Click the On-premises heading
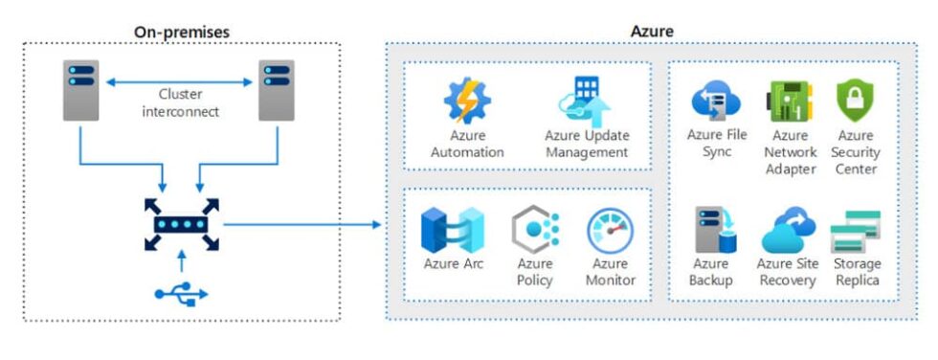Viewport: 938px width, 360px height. tap(181, 31)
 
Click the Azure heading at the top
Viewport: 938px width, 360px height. tap(651, 31)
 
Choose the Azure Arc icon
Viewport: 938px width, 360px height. tap(452, 230)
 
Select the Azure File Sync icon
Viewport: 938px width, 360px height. tap(716, 101)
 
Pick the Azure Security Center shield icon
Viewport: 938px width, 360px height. tap(855, 101)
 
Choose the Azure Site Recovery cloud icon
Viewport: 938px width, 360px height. tap(787, 231)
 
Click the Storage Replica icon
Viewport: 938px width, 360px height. tap(855, 231)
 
